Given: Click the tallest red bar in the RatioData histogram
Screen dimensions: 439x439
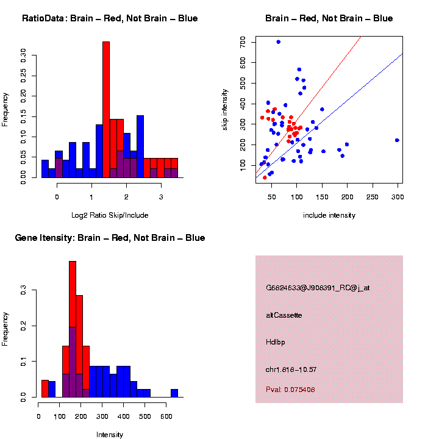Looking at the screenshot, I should coord(106,110).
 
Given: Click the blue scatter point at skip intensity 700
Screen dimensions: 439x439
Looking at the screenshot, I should coord(278,42).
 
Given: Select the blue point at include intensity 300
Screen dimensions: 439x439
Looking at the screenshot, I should coord(397,140).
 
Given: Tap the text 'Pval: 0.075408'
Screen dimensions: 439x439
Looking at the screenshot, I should coord(290,390).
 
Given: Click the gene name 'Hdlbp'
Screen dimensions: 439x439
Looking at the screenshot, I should coord(276,342).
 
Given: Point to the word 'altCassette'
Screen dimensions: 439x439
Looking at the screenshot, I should coord(284,315).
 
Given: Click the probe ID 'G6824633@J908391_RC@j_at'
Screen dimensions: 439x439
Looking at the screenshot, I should coord(318,287).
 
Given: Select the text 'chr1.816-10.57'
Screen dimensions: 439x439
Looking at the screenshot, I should coord(291,369).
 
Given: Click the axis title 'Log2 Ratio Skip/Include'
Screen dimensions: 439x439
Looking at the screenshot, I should coord(109,215).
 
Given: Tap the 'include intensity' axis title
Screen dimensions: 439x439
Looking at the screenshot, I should coord(329,215).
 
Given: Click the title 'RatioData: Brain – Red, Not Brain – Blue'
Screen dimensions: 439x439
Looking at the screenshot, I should coord(110,18).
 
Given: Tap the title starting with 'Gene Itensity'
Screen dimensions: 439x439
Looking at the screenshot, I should coord(110,238).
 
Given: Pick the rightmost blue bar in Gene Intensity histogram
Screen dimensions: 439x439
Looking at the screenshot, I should coord(174,393).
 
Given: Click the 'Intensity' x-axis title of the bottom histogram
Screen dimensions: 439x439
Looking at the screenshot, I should coord(110,435).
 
